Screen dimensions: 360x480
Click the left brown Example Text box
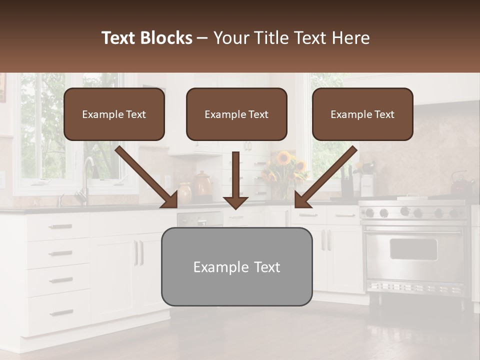point(114,114)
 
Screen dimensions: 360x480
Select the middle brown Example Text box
point(236,114)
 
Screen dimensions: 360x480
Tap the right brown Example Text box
point(362,114)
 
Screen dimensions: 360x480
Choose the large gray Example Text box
point(236,266)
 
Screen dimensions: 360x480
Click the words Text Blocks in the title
point(147,38)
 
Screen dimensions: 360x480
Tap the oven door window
point(413,249)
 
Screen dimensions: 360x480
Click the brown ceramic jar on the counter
point(203,184)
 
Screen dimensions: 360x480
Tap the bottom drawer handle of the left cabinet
point(61,313)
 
